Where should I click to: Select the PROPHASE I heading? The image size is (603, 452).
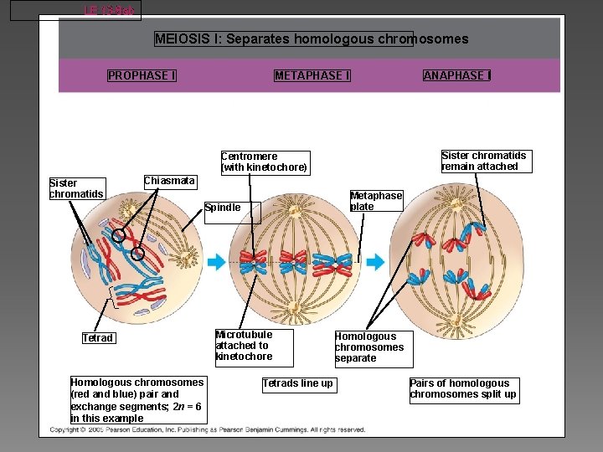click(142, 75)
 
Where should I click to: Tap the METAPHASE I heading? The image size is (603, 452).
click(312, 75)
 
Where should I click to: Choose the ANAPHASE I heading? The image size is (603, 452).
click(457, 75)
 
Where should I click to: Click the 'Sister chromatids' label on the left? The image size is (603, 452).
click(76, 189)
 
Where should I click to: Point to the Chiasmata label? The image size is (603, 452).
click(169, 182)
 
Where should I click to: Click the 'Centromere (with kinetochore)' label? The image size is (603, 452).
click(265, 162)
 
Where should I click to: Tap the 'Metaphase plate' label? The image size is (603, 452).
click(376, 201)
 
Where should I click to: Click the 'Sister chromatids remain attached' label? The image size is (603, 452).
click(483, 161)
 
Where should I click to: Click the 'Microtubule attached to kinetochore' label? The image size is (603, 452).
click(244, 346)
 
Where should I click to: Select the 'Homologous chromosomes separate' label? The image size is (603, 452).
click(373, 347)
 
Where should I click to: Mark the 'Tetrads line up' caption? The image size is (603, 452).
click(297, 384)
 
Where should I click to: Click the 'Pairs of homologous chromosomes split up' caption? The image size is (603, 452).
click(463, 389)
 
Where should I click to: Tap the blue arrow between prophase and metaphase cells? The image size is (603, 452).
click(217, 263)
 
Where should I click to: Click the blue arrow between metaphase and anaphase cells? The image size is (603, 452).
click(376, 262)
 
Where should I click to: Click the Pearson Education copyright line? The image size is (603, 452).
click(207, 430)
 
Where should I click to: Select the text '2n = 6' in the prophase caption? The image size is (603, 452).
click(186, 406)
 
